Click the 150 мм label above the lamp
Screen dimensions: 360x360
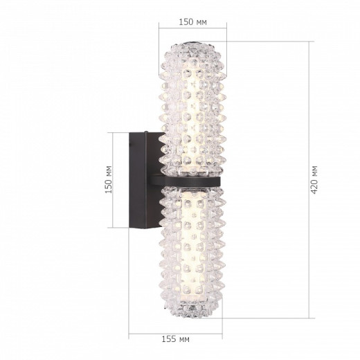coord(193,22)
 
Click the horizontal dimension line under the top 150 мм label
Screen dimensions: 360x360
coord(193,30)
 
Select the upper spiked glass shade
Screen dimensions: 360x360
coord(194,111)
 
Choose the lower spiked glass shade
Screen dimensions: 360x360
coord(194,249)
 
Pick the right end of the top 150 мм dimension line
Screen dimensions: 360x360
coord(228,30)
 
